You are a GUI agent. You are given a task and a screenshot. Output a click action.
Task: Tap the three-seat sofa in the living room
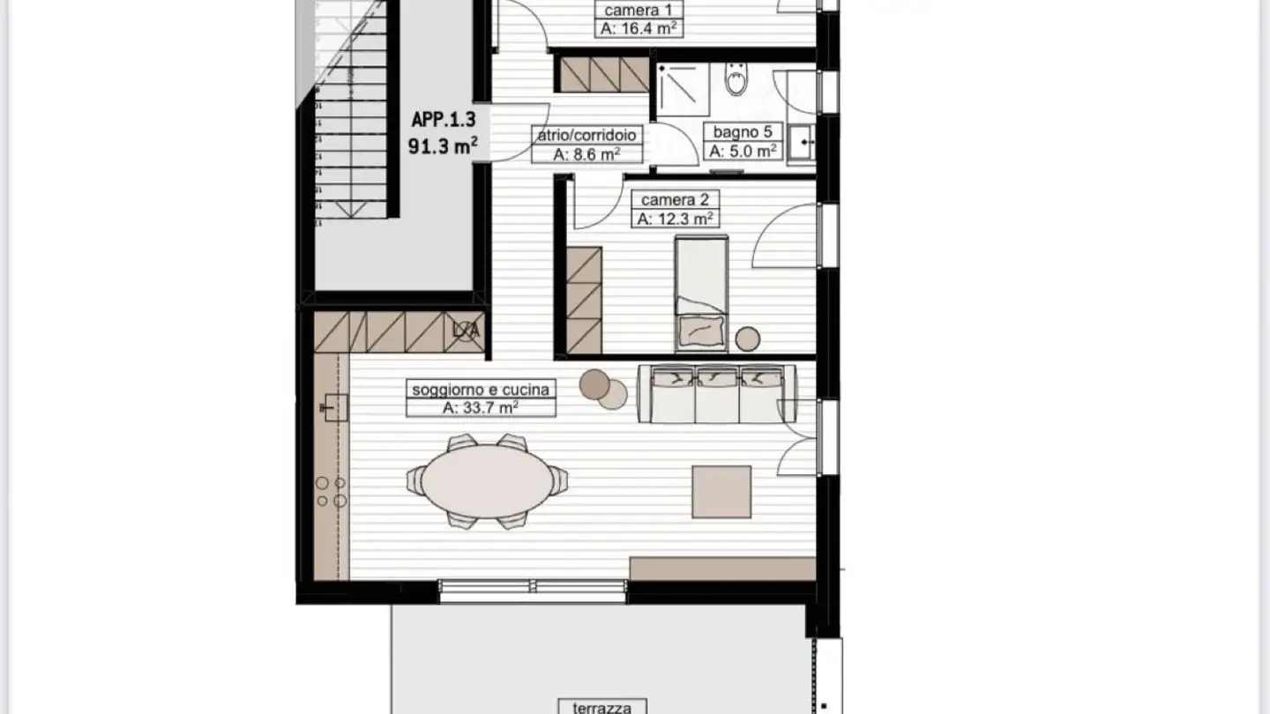tap(717, 394)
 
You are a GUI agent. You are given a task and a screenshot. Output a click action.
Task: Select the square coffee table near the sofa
tap(721, 492)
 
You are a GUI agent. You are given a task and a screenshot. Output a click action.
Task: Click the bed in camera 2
tap(701, 294)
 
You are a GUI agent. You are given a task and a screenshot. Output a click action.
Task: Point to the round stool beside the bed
tap(749, 338)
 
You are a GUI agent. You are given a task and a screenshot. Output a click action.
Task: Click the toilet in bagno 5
tap(735, 81)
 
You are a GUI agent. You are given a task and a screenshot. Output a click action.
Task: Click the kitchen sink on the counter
tap(332, 406)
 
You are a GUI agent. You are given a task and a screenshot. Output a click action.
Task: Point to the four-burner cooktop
tap(332, 492)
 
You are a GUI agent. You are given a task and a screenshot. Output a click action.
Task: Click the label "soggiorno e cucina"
tap(481, 389)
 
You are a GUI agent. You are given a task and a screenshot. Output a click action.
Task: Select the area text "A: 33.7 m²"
tap(481, 407)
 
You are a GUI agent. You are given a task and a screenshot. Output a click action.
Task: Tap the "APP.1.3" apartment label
tap(444, 120)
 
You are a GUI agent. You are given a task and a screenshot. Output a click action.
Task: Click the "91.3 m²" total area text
tap(443, 146)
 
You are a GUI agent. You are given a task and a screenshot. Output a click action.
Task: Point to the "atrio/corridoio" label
tap(586, 136)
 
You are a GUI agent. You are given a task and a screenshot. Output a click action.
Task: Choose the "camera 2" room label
tap(675, 200)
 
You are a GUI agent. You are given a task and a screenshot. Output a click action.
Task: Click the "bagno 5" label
tap(743, 132)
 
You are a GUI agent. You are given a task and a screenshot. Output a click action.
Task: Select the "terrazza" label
tap(601, 706)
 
